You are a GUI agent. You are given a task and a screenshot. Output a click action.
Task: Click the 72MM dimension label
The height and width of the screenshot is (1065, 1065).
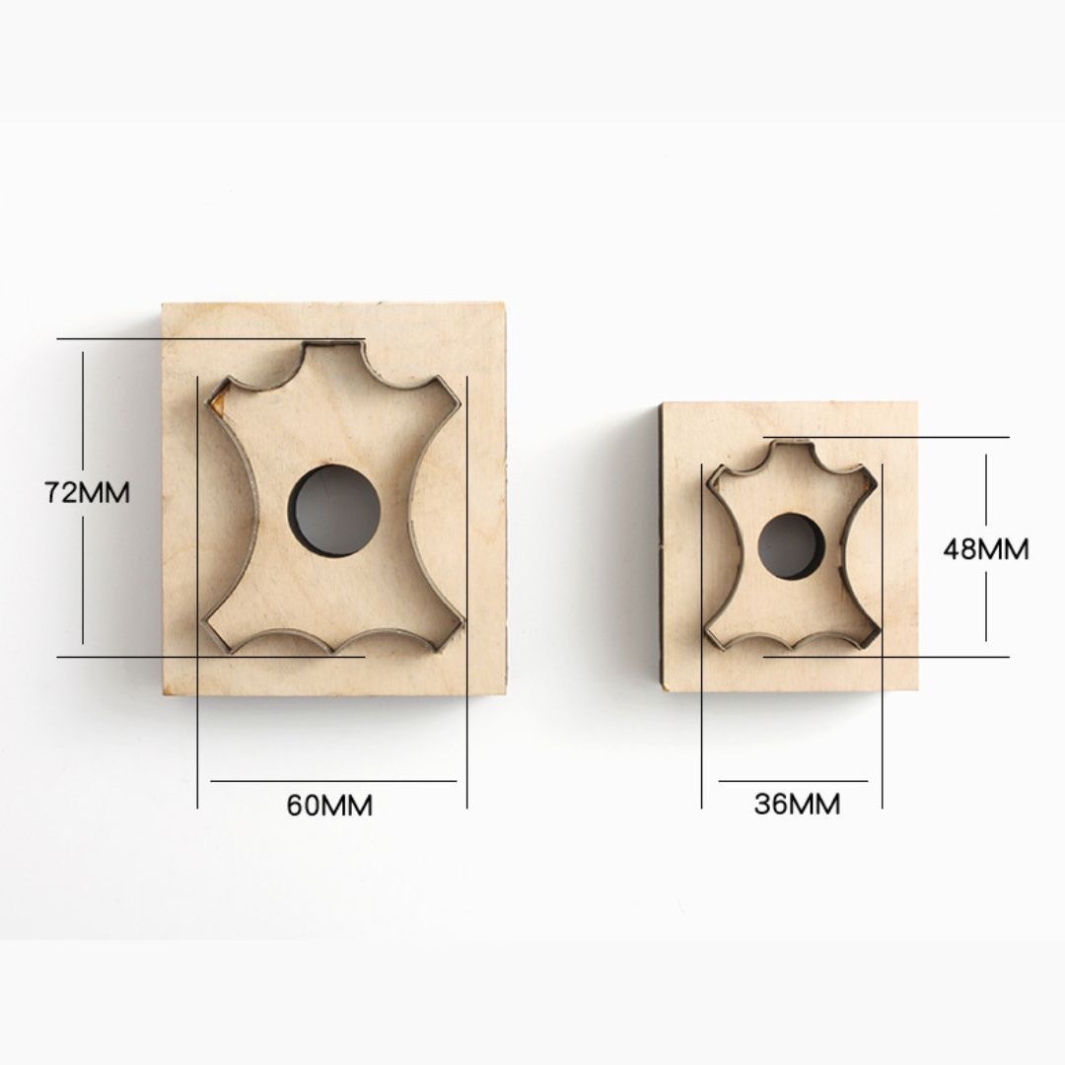(87, 492)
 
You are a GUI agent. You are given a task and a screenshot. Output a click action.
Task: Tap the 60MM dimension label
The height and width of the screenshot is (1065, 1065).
(329, 806)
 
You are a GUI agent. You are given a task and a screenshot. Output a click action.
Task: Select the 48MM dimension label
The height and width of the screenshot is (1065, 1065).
(985, 549)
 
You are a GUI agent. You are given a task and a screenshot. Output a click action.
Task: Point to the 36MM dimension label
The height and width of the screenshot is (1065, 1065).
(797, 805)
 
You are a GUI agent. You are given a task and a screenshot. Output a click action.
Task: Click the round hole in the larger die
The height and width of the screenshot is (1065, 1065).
(334, 511)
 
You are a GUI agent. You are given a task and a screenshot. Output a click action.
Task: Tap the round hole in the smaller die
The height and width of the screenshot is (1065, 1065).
(791, 546)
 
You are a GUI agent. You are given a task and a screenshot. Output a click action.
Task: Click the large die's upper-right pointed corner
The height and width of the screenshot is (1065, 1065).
(462, 400)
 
